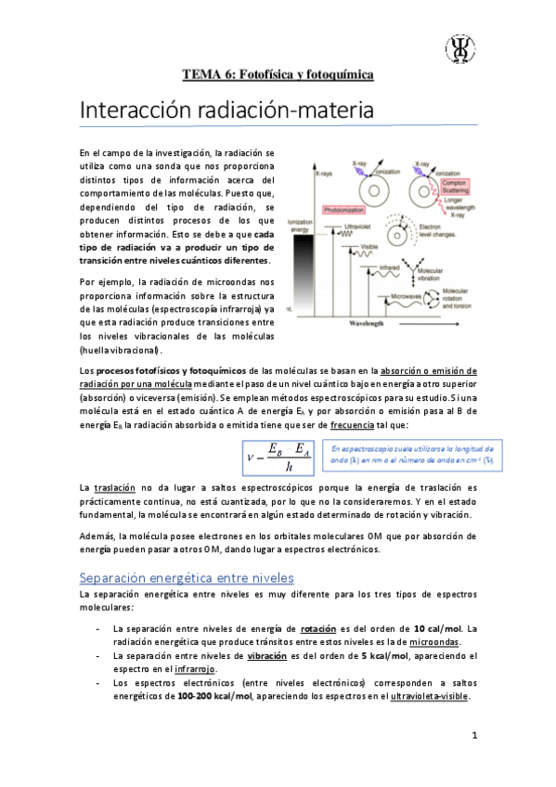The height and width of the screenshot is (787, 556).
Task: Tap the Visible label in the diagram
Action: pos(369,246)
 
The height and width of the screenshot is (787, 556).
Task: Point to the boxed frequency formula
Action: pos(278,456)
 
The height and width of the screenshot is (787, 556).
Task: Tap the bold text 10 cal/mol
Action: pos(439,629)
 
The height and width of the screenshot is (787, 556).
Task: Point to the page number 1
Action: pos(473,737)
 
